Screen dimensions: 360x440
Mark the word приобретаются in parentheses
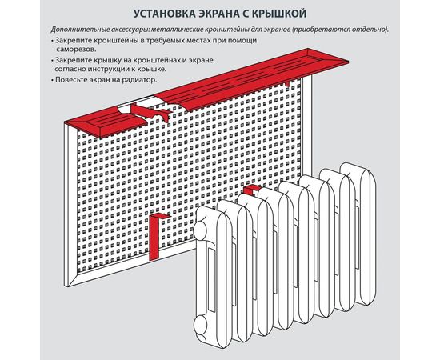pyautogui.click(x=322, y=30)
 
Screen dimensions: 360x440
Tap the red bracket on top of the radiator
pyautogui.click(x=251, y=190)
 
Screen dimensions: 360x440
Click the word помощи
pyautogui.click(x=240, y=39)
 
